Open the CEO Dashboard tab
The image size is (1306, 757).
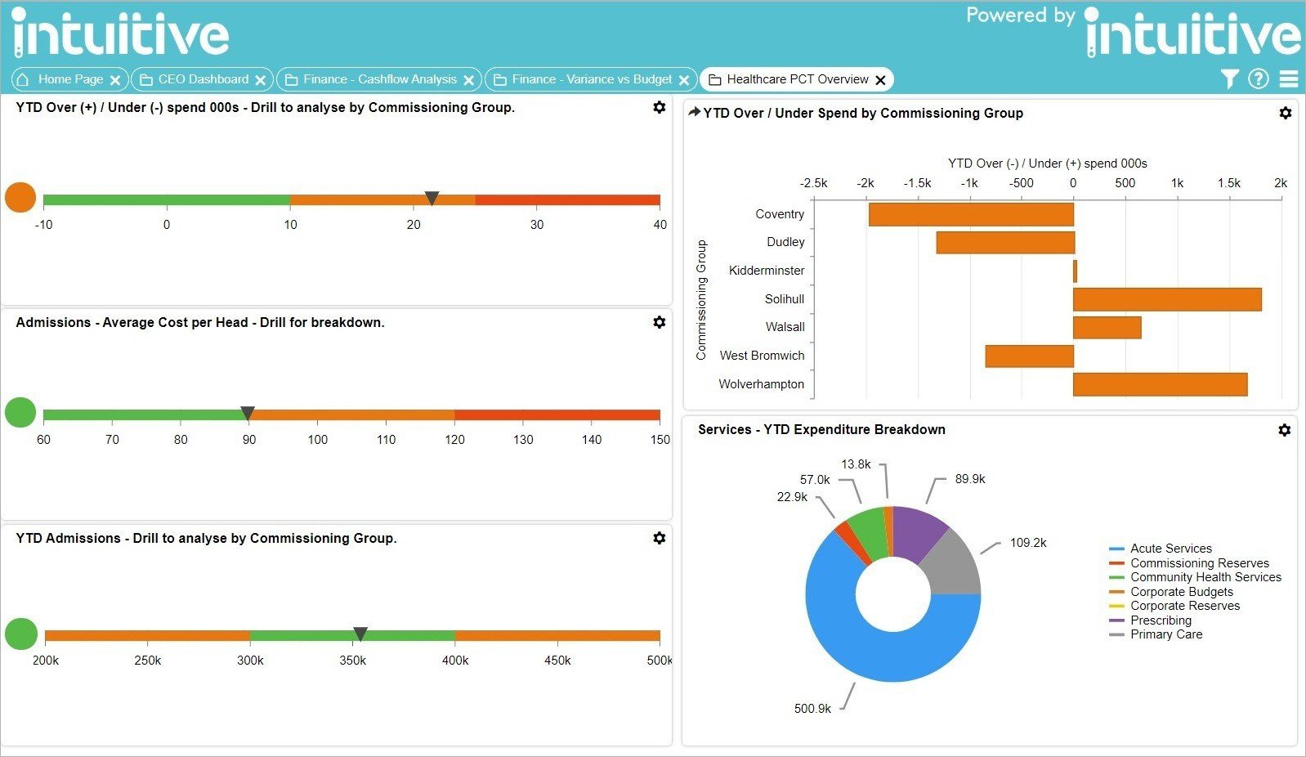pos(203,79)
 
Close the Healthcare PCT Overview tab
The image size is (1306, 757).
pos(880,80)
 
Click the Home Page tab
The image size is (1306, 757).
pos(69,79)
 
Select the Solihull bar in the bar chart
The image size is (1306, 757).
pos(1167,299)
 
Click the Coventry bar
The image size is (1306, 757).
pos(971,214)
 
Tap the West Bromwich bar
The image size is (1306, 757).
pos(1029,356)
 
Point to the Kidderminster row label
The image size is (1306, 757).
pos(766,271)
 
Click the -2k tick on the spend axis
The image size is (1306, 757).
pos(865,183)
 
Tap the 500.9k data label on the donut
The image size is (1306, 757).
pos(812,709)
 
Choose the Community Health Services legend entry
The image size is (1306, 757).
pos(1205,577)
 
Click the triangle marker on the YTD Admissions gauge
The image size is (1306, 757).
pos(360,634)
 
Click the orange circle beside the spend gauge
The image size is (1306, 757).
pos(20,197)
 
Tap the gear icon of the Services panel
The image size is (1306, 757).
pos(1284,430)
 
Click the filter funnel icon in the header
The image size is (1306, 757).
pos(1229,78)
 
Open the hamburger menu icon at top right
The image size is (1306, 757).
pos(1289,78)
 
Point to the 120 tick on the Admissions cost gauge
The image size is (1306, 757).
pos(454,439)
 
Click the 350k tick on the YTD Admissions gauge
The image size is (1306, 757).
pos(352,661)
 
